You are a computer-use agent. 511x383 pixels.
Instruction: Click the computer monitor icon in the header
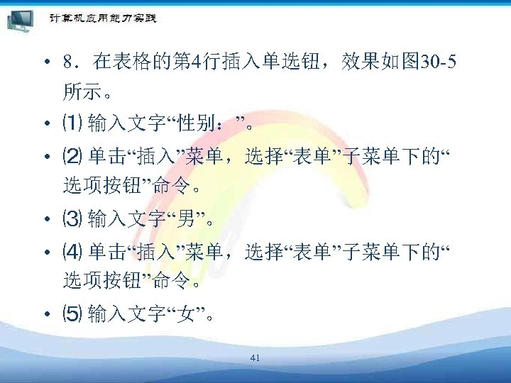pos(20,20)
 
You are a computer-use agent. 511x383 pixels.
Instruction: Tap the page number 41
pos(255,359)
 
